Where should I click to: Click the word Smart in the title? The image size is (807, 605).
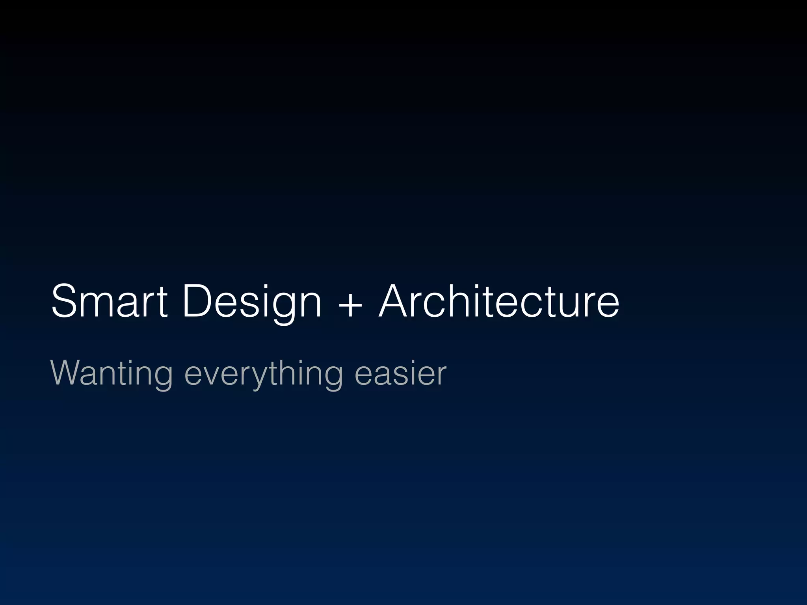(110, 301)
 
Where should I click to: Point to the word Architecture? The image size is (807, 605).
(498, 301)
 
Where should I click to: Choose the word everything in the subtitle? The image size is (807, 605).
(263, 374)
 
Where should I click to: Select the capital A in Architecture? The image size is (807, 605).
(396, 301)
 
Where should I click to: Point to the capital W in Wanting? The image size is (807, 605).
(67, 373)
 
